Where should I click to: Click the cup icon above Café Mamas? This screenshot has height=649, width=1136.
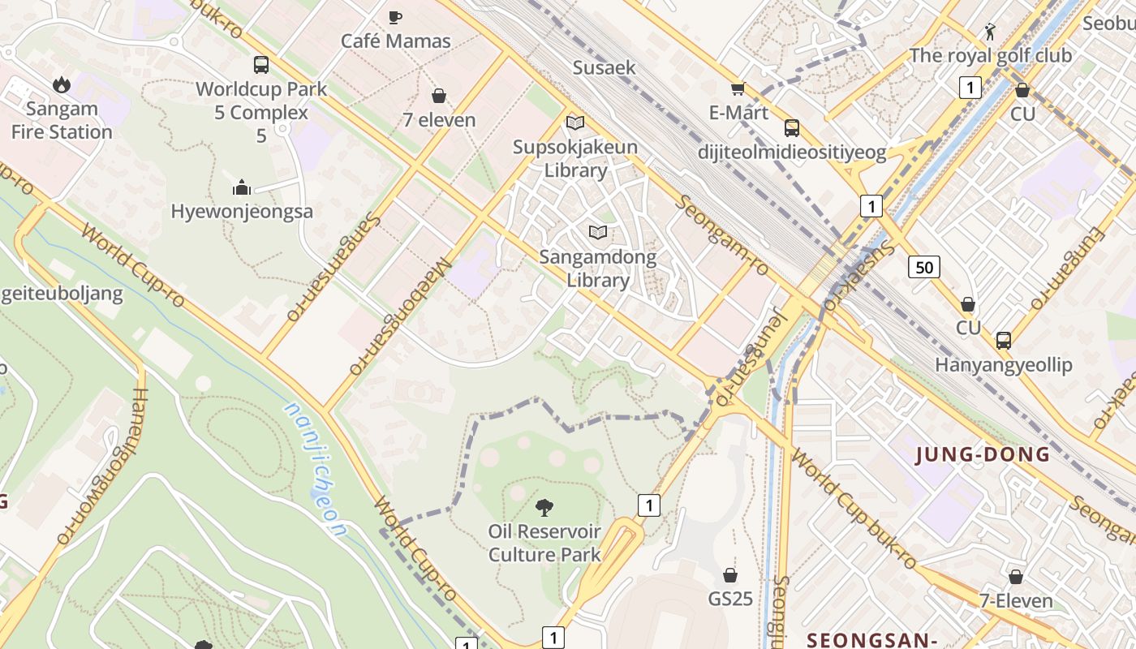click(395, 17)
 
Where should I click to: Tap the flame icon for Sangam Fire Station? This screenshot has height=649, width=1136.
click(61, 84)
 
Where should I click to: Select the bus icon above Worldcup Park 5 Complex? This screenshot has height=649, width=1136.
click(260, 65)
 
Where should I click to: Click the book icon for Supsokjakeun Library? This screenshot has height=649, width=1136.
click(575, 123)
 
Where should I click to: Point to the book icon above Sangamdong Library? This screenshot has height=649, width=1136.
click(598, 233)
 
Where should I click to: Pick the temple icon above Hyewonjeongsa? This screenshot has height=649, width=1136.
click(242, 188)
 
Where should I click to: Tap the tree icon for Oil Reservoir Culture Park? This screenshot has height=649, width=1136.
click(544, 508)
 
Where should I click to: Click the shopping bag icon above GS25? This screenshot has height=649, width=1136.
click(730, 575)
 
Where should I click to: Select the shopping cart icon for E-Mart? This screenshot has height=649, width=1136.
click(738, 88)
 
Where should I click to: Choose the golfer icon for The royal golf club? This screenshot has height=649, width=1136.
click(989, 32)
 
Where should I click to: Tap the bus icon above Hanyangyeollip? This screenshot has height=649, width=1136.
click(1004, 341)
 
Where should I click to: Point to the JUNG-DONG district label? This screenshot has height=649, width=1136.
click(983, 454)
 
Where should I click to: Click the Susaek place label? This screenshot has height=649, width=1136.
click(605, 67)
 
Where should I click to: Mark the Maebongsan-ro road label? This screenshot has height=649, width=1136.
click(400, 316)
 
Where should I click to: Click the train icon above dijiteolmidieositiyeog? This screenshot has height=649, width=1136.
click(791, 128)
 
